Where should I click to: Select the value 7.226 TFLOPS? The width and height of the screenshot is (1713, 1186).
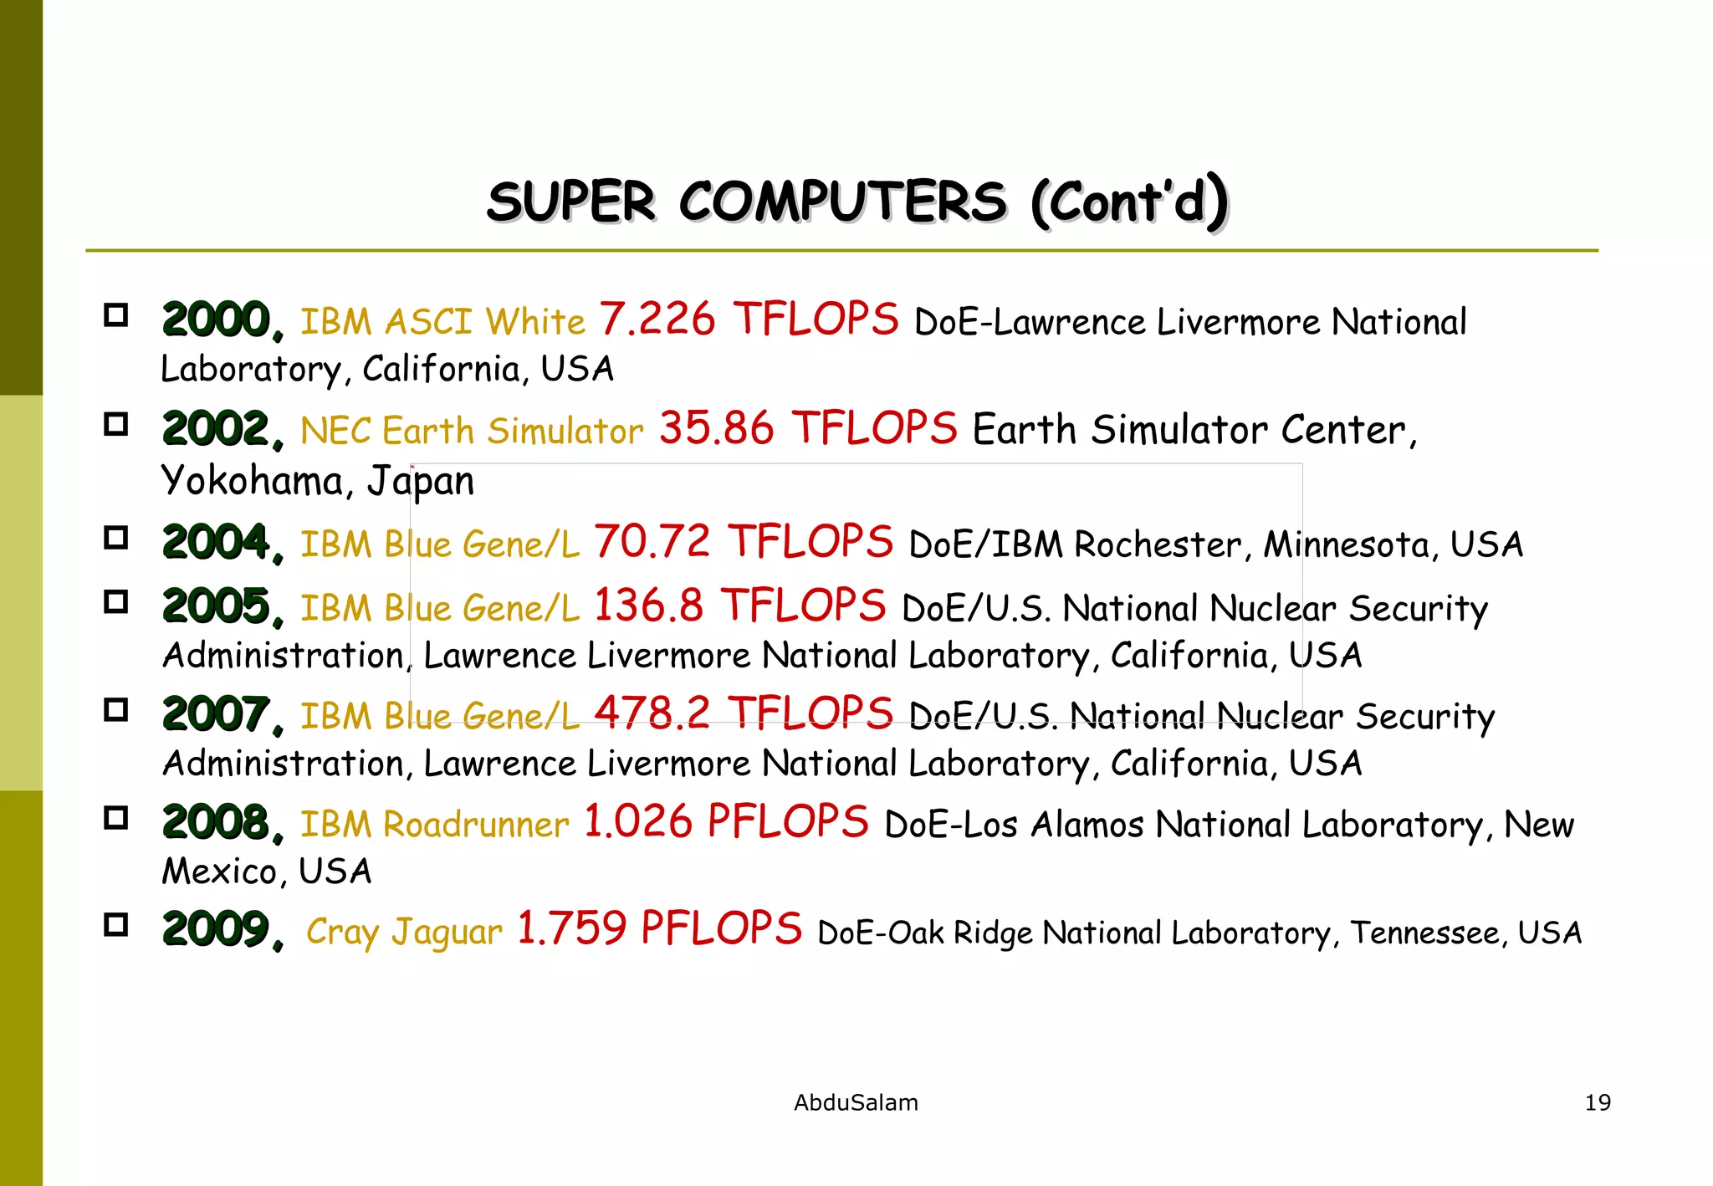(748, 320)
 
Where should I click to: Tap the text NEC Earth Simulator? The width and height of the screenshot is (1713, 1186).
(472, 431)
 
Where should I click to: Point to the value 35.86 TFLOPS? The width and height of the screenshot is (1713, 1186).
(807, 428)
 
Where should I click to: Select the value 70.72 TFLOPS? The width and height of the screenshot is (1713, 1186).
(743, 542)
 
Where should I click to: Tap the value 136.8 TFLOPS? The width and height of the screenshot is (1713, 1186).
(739, 606)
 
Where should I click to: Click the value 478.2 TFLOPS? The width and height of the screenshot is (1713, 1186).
(743, 713)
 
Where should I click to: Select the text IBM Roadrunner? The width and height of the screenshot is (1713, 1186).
(434, 825)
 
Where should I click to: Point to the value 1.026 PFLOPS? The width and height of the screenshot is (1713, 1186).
(726, 821)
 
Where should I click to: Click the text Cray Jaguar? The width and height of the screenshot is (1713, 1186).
(404, 932)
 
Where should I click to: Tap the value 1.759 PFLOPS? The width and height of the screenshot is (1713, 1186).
(659, 929)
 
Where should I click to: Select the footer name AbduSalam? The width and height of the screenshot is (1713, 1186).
(856, 1102)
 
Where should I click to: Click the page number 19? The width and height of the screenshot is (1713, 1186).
(1598, 1102)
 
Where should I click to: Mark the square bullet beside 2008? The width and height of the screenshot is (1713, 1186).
(116, 818)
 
